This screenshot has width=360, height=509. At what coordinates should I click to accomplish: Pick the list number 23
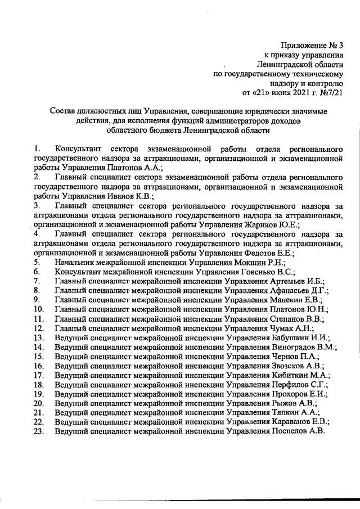point(39,431)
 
